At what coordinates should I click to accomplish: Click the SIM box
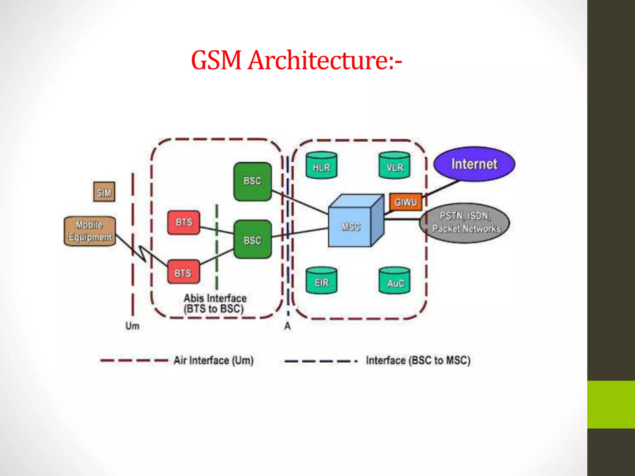coord(104,192)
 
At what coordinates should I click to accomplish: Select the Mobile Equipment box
coord(90,231)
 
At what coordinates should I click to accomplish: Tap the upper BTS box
coord(184,223)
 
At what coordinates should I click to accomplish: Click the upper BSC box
coord(252,181)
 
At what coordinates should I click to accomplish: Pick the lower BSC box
coord(252,240)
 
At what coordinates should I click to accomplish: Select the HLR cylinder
coord(322,165)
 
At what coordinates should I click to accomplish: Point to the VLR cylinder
coord(394,165)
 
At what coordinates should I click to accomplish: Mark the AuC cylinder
coord(394,281)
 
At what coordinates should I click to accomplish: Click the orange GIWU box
coord(406,202)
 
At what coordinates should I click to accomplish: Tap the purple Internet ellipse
coord(474,164)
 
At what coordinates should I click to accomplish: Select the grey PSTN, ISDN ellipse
coord(464,223)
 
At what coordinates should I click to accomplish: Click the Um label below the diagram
coord(132,326)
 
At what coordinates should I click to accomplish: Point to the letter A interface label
coord(287,326)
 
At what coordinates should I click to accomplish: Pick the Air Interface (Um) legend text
coord(213,360)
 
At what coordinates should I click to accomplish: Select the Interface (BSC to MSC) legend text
coord(418,360)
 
